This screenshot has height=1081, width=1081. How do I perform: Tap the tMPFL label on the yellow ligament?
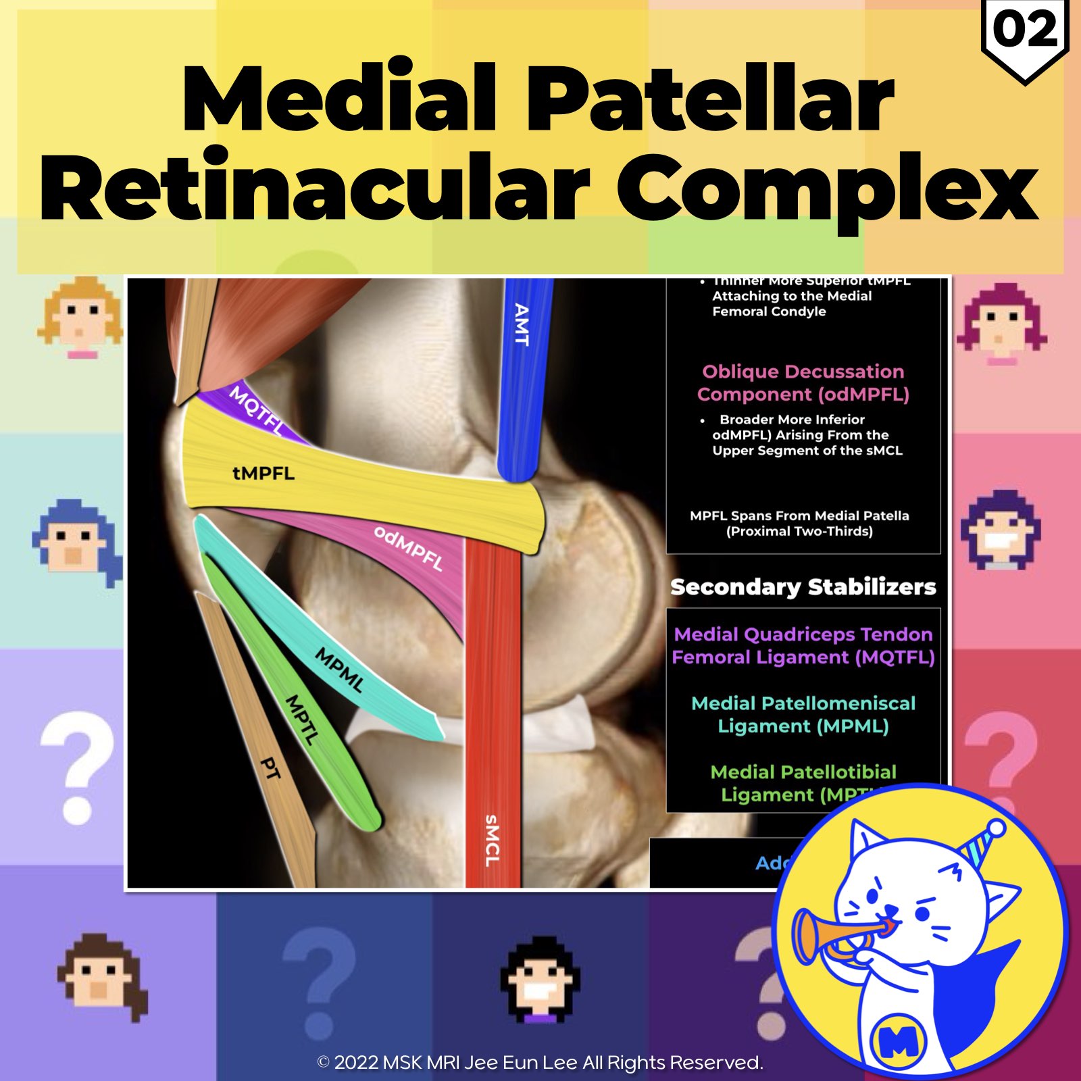(x=263, y=473)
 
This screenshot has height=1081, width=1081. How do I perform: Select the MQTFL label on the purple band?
(x=257, y=409)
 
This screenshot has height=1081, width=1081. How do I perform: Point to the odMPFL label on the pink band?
(x=409, y=549)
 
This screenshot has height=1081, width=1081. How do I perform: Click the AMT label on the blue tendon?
(x=521, y=324)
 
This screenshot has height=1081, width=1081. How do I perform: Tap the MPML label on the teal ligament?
(x=339, y=669)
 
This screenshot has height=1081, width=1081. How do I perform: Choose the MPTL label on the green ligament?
(x=301, y=720)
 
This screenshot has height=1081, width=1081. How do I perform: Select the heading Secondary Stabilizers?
(x=803, y=586)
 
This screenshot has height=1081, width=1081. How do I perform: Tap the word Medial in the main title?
(x=338, y=98)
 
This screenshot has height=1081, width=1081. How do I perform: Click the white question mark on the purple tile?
(x=76, y=767)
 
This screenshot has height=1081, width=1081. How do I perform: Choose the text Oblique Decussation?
(x=803, y=372)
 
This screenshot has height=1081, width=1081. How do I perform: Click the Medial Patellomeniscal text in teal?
(x=803, y=703)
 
